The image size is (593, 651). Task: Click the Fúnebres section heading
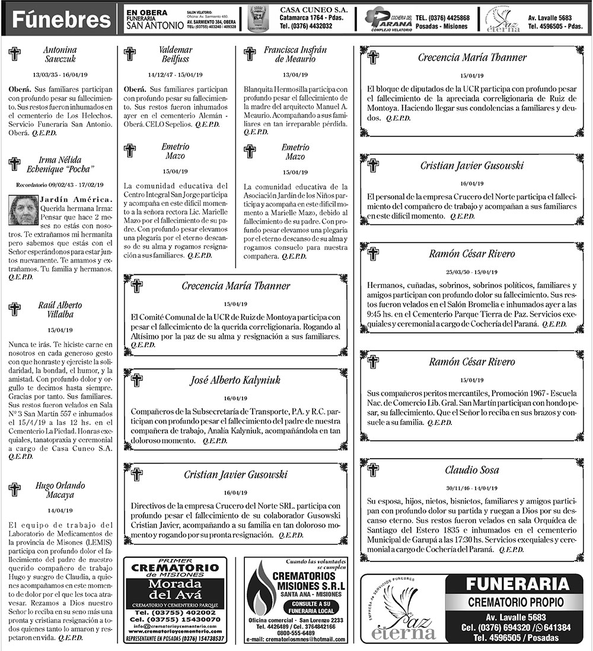[62, 20]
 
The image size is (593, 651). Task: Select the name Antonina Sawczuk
[60, 55]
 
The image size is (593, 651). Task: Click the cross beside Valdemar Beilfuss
[129, 54]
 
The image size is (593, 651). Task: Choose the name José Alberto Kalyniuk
[235, 380]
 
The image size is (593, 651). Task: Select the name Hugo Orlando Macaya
[59, 490]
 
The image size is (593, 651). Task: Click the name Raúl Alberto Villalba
[59, 310]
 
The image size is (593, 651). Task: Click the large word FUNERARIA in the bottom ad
[514, 584]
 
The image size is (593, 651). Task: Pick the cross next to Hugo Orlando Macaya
[15, 490]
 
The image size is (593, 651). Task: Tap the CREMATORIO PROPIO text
[514, 602]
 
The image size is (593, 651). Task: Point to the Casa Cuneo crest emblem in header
[259, 18]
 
